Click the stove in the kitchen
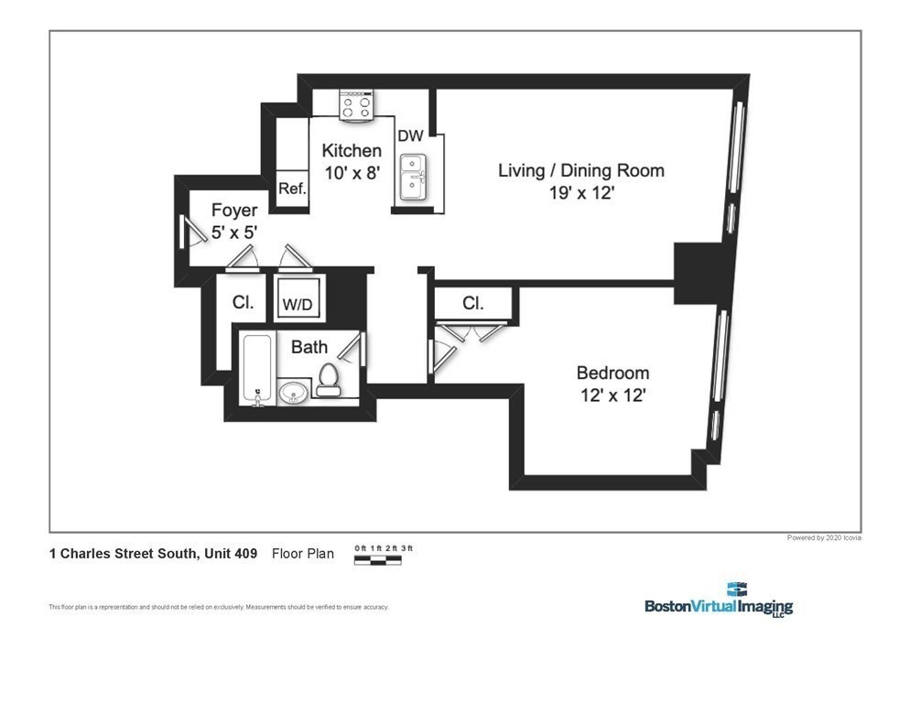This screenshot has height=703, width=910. [x=357, y=106]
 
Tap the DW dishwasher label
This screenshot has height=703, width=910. [x=410, y=135]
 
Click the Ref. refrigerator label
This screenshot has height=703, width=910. [x=292, y=189]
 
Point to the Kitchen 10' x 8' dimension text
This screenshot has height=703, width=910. [x=352, y=171]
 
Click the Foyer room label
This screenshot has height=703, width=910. [x=234, y=211]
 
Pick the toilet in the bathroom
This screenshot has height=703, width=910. [x=329, y=380]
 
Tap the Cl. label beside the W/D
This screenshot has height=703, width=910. [x=243, y=302]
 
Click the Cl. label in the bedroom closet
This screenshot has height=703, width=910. [x=472, y=303]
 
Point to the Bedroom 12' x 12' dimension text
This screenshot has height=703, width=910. [x=612, y=395]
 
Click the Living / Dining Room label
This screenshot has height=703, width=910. [x=580, y=170]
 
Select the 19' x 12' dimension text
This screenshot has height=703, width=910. [x=580, y=193]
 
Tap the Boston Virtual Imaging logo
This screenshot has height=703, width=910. [x=719, y=600]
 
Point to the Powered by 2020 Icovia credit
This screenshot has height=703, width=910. [x=823, y=537]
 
